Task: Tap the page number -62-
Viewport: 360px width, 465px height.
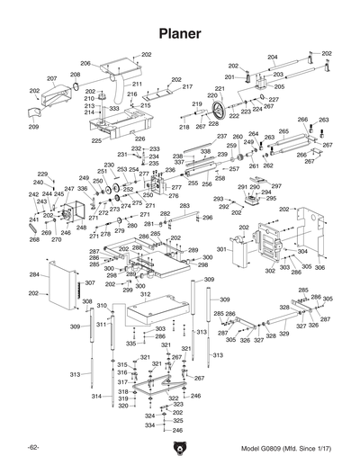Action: tap(33, 449)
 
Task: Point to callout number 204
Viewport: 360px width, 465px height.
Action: tap(273, 57)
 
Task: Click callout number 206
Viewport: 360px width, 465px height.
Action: tap(85, 63)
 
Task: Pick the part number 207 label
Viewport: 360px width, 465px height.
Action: tap(51, 78)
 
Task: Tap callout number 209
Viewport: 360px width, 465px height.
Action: tap(33, 127)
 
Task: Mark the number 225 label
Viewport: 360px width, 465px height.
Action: tap(95, 140)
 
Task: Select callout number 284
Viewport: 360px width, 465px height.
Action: tap(33, 274)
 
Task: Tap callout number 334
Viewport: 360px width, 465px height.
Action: tap(149, 425)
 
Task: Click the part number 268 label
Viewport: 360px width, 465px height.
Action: tap(33, 240)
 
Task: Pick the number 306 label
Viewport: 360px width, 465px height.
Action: tap(319, 268)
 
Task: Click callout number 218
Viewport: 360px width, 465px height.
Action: tap(184, 128)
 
